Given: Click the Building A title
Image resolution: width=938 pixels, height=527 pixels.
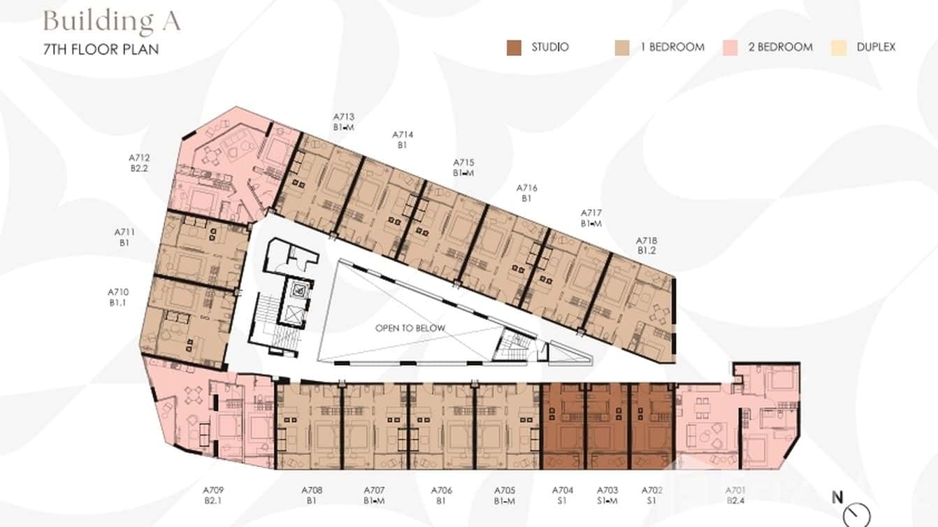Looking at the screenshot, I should pyautogui.click(x=112, y=21).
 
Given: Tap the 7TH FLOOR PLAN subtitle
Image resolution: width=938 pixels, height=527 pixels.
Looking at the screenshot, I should pyautogui.click(x=101, y=50).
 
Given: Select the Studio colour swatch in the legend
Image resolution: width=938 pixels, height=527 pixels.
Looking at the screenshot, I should pyautogui.click(x=514, y=48).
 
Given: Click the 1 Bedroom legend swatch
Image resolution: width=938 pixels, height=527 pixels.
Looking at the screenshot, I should pyautogui.click(x=621, y=48).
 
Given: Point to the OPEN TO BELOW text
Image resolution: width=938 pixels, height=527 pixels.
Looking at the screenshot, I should pyautogui.click(x=410, y=328).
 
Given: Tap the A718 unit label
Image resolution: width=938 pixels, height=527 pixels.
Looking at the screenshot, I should pyautogui.click(x=647, y=240).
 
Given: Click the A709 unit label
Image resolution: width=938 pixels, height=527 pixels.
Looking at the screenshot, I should pyautogui.click(x=213, y=491).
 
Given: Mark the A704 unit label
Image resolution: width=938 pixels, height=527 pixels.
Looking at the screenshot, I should pyautogui.click(x=563, y=491).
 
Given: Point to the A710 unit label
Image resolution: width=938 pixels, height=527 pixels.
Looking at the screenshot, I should pyautogui.click(x=118, y=292).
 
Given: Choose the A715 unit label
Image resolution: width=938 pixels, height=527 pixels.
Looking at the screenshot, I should pyautogui.click(x=463, y=162).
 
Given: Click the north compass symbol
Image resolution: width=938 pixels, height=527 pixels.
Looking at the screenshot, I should pyautogui.click(x=856, y=514).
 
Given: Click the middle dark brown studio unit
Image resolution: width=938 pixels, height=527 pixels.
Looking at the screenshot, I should pyautogui.click(x=607, y=426).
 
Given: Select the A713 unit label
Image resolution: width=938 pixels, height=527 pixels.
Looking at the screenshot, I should pyautogui.click(x=344, y=117).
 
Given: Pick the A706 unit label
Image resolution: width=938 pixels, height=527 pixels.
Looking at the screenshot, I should pyautogui.click(x=442, y=491).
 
